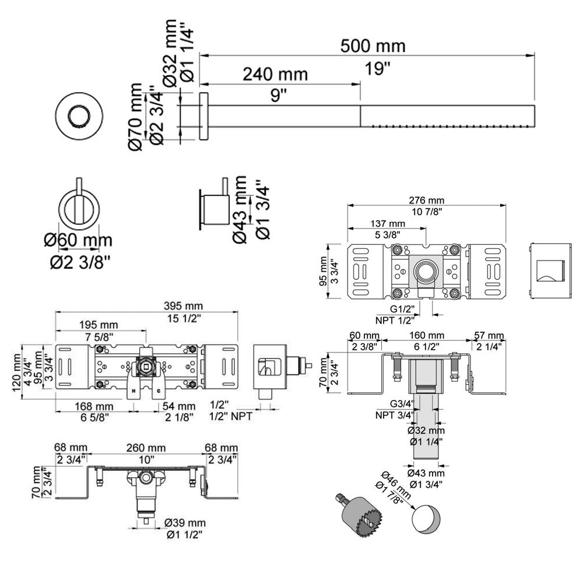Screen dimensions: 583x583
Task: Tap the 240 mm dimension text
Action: (275, 74)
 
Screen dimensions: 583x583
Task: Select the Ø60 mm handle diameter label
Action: (82, 240)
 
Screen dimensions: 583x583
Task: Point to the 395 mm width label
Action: (182, 305)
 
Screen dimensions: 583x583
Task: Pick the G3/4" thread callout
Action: (402, 404)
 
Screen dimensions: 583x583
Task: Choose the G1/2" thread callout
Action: (402, 309)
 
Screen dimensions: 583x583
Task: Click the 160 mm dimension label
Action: (426, 336)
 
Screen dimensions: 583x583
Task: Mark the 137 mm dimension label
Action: (388, 224)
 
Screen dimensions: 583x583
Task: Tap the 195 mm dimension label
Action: (101, 325)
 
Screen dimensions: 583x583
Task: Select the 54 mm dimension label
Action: (178, 406)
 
